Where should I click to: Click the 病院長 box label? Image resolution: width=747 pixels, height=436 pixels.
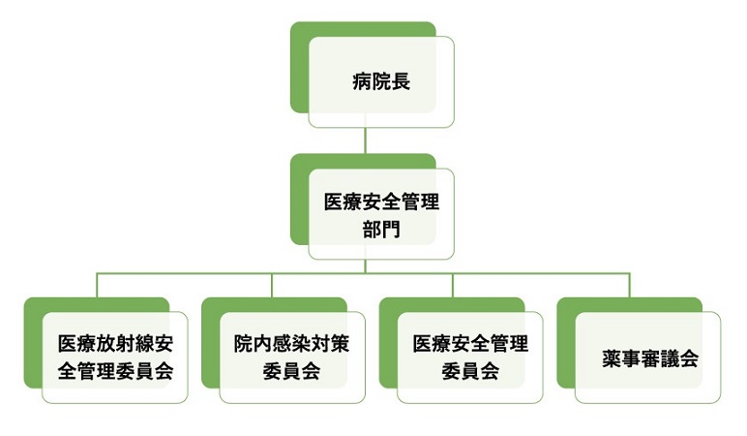pyautogui.click(x=381, y=81)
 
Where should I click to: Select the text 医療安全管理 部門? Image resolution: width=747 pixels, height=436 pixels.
pyautogui.click(x=381, y=217)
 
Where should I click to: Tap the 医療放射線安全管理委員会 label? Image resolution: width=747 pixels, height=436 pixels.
pyautogui.click(x=115, y=357)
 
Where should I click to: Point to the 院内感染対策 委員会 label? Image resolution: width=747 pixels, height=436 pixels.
pyautogui.click(x=291, y=357)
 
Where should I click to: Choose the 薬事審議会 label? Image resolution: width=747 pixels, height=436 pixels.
pyautogui.click(x=649, y=358)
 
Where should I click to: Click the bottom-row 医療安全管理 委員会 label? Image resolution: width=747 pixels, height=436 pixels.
pyautogui.click(x=470, y=357)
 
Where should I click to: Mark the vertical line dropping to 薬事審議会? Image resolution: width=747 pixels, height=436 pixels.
pyautogui.click(x=630, y=286)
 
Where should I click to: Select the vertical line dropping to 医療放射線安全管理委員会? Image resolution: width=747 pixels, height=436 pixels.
pyautogui.click(x=97, y=286)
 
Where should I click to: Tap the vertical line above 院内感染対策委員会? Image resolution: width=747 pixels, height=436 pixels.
pyautogui.click(x=274, y=286)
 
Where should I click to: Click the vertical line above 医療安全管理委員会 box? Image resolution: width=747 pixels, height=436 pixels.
pyautogui.click(x=452, y=286)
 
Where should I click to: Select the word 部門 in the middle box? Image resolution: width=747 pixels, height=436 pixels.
pyautogui.click(x=381, y=232)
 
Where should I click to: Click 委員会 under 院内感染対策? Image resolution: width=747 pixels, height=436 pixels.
pyautogui.click(x=291, y=371)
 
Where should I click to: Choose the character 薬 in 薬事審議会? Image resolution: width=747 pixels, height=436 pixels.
pyautogui.click(x=612, y=358)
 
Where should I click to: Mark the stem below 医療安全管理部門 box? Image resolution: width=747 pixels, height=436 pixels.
pyautogui.click(x=365, y=266)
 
